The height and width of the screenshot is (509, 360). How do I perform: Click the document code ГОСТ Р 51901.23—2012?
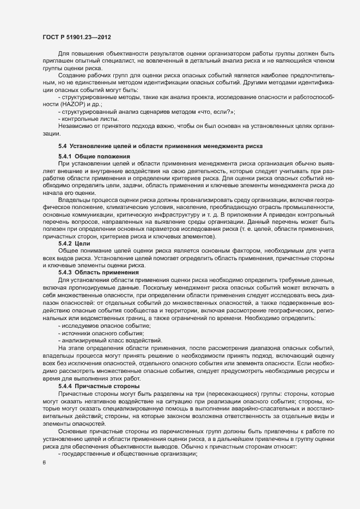pyautogui.click(x=77, y=38)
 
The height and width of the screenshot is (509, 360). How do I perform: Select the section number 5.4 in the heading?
pyautogui.click(x=62, y=146)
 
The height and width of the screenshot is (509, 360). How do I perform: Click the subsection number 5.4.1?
pyautogui.click(x=65, y=157)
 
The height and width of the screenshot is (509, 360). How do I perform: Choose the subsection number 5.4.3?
pyautogui.click(x=65, y=272)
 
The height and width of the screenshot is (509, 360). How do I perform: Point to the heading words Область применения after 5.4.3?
pyautogui.click(x=107, y=272)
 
